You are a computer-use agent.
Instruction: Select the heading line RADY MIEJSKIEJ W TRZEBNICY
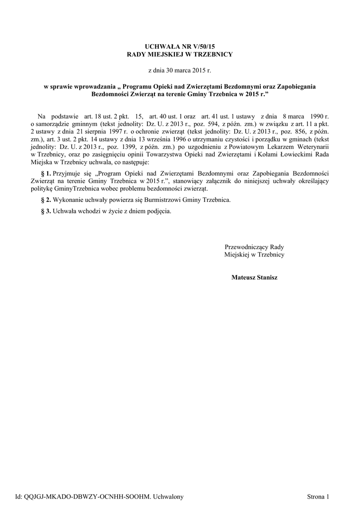point(180,53)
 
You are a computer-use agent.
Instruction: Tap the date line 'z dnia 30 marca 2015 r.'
point(180,71)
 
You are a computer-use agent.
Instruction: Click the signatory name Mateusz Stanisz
point(254,277)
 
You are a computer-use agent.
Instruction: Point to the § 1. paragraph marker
point(45,175)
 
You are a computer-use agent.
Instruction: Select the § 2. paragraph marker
point(45,199)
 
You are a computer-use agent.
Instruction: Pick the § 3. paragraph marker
point(45,211)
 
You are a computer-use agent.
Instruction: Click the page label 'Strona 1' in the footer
point(318,496)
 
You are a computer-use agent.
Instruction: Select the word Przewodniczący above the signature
point(246,247)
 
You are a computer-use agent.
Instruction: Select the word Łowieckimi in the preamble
point(285,155)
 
